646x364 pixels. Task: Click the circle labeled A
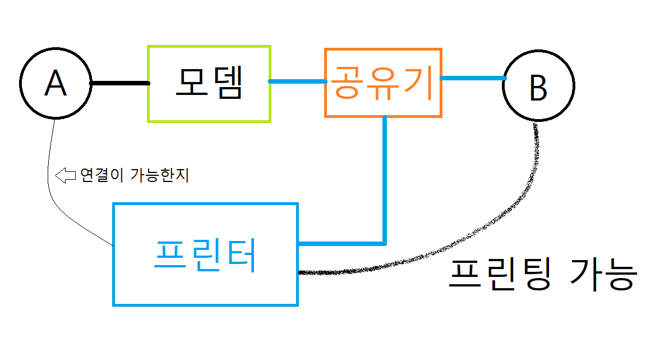point(56,83)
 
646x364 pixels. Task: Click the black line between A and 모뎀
point(120,83)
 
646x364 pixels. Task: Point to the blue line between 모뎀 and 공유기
point(298,81)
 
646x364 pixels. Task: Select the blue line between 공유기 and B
point(472,78)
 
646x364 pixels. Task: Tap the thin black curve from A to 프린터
point(49,185)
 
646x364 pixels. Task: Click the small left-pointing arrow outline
point(66,175)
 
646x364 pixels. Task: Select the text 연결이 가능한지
point(135,175)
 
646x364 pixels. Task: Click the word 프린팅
point(499,275)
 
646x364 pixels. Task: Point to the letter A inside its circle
point(56,84)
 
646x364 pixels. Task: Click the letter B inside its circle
point(538,88)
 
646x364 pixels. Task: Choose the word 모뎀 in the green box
point(209,83)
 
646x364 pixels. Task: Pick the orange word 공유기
point(383,83)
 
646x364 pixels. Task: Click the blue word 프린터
point(205,256)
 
